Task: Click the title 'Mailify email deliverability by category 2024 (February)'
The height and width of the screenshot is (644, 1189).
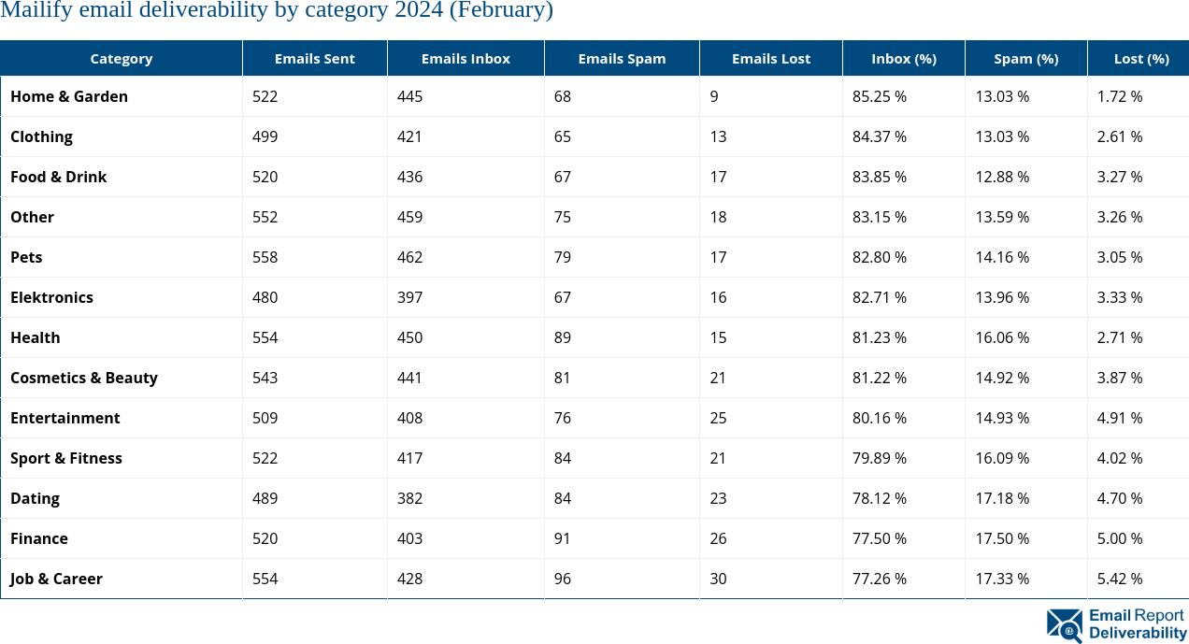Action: tap(277, 11)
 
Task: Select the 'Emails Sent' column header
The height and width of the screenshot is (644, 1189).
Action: tap(314, 58)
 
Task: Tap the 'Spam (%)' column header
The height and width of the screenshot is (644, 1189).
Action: tap(1025, 58)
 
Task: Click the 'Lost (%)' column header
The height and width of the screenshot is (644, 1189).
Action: tap(1140, 58)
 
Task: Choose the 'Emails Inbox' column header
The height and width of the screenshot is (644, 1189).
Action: tap(466, 58)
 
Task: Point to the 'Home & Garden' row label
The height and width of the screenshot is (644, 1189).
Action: tap(69, 96)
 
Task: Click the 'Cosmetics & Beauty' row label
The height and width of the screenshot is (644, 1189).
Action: tap(84, 378)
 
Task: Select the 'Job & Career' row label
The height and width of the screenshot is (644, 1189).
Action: tap(56, 579)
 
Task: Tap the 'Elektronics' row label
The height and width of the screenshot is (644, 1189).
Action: tap(51, 297)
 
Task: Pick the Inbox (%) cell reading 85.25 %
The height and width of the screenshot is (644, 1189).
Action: tap(880, 96)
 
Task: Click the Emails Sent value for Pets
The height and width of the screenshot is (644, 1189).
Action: tap(265, 257)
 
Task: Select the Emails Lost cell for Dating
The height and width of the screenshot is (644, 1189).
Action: tap(718, 498)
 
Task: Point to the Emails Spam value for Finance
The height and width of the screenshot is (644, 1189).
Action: tap(562, 538)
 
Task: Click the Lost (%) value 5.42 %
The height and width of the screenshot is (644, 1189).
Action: tap(1120, 579)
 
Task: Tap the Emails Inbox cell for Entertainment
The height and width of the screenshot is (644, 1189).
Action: tap(409, 418)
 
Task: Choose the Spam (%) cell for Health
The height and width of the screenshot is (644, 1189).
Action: tap(1002, 337)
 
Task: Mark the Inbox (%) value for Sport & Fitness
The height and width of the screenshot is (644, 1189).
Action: tap(880, 458)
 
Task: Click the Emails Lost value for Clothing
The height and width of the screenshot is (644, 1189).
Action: tap(718, 136)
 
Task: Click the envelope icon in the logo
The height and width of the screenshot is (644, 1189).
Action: tap(1065, 624)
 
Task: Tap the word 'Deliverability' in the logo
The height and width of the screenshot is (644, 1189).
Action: tap(1138, 633)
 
